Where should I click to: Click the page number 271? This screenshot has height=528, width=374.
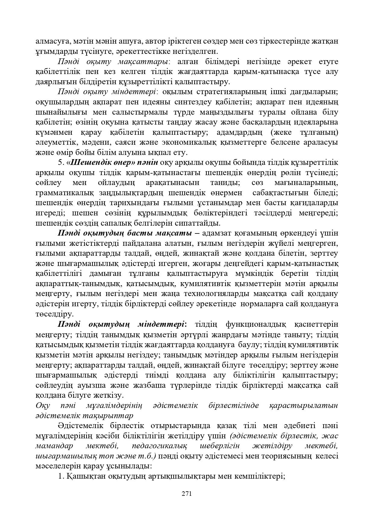[187, 494]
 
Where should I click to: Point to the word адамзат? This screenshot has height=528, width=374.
[216, 233]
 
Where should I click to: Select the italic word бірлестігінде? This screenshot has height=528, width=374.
[234, 405]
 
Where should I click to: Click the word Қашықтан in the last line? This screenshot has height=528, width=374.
[80, 476]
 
